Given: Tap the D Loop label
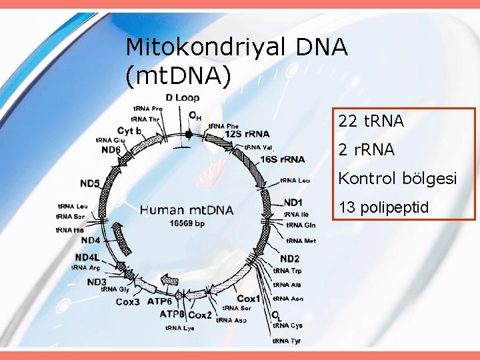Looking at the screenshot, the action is point(183,98).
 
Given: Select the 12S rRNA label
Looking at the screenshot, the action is point(247,134).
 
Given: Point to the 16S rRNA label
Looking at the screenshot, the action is point(282,159).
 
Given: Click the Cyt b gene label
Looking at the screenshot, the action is point(129,131).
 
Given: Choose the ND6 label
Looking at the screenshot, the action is point(111,150).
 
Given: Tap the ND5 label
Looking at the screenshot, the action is point(90,183).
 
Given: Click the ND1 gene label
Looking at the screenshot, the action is point(293,202).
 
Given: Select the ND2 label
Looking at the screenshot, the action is point(289,258).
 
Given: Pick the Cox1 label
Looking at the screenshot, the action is point(249,299).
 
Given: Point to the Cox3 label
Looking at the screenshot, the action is point(128,302).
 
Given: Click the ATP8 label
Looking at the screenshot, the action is point(172,313).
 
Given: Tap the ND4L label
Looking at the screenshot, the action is point(87,257).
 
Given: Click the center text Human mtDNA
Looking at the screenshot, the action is point(187,211).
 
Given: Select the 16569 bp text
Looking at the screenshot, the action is point(187,223).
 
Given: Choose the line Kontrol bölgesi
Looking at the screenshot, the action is point(397,179).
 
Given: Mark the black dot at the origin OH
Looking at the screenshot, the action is point(189,134).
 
